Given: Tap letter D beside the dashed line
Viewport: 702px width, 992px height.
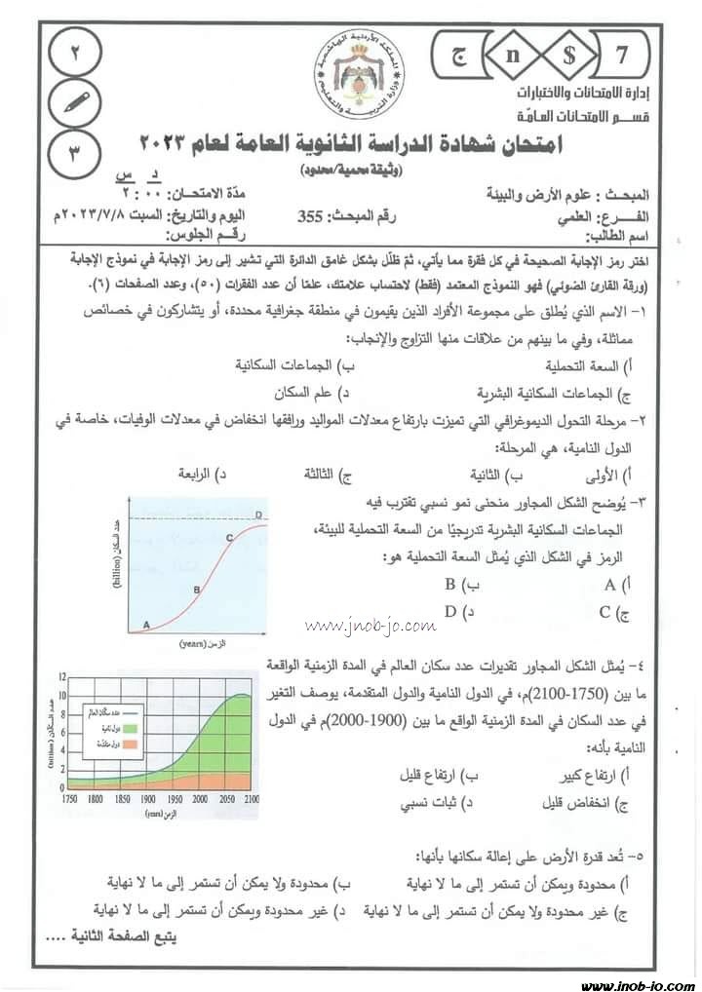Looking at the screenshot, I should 257,515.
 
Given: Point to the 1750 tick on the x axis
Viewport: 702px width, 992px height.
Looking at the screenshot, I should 68,798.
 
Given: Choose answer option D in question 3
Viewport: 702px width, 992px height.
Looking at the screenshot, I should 451,612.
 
